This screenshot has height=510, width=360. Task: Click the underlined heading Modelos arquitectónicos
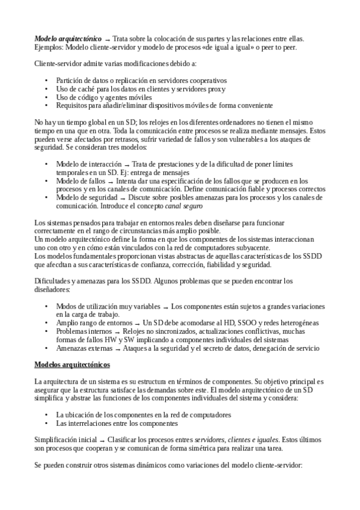(72, 365)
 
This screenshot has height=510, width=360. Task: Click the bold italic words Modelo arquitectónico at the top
(68, 38)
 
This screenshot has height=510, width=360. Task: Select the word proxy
(215, 88)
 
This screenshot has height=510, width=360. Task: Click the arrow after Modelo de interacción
(127, 164)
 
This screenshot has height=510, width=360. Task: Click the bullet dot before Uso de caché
(47, 88)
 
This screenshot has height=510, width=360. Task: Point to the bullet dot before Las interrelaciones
(47, 423)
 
